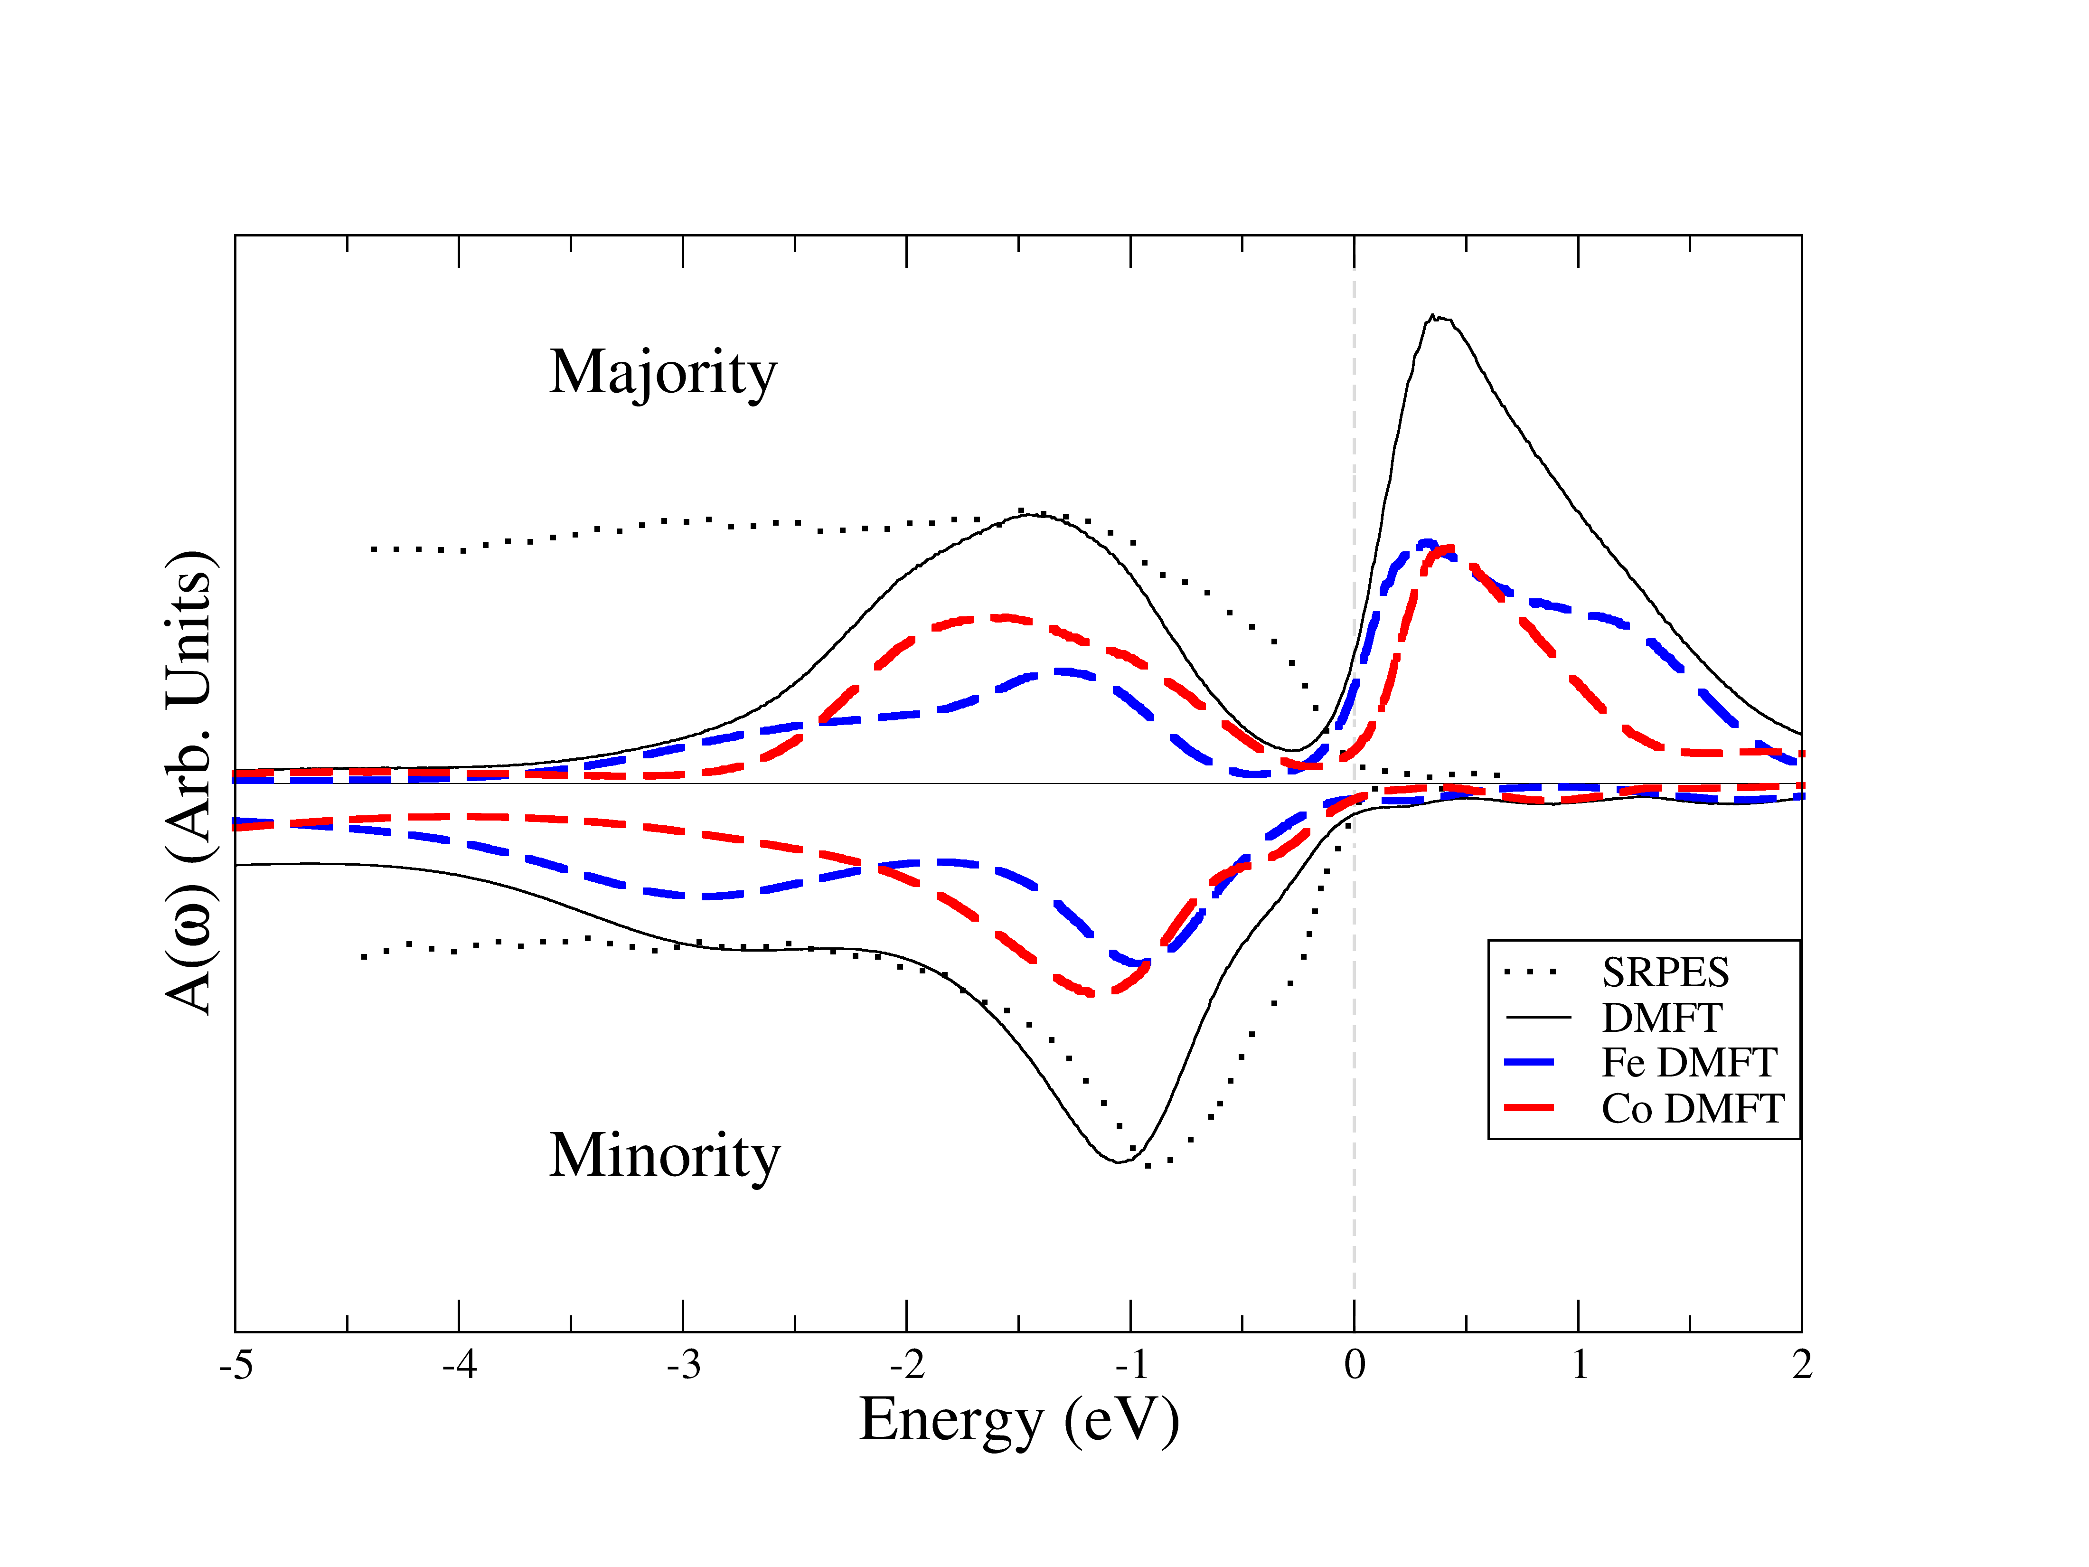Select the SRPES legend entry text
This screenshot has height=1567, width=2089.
[x=1665, y=972]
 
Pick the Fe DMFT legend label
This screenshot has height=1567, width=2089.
[x=1689, y=1063]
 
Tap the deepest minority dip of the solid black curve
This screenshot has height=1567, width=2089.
[x=1119, y=1161]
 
